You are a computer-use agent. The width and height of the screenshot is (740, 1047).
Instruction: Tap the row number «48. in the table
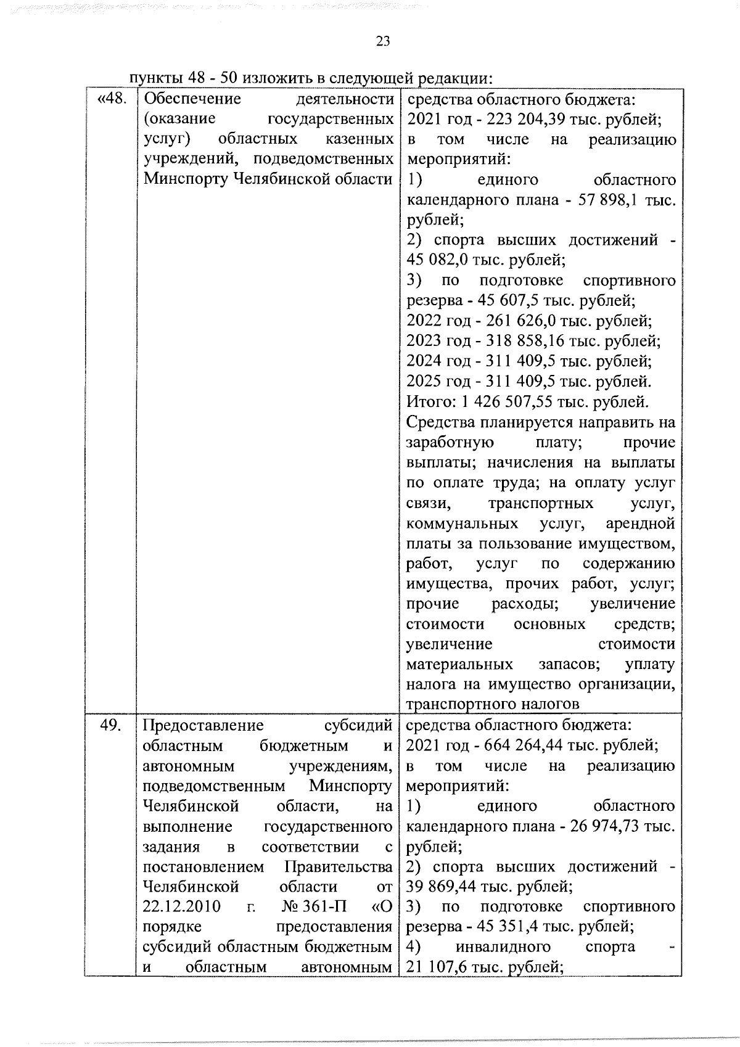point(112,99)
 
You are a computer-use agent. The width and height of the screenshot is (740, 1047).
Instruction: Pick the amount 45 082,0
point(432,260)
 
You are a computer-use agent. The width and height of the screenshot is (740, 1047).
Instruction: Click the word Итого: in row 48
point(429,402)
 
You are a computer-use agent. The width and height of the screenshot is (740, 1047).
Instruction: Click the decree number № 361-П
point(314,907)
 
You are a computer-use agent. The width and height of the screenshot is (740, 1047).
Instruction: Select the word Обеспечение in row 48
point(192,99)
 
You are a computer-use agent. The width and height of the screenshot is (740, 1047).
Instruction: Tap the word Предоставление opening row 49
point(203,725)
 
